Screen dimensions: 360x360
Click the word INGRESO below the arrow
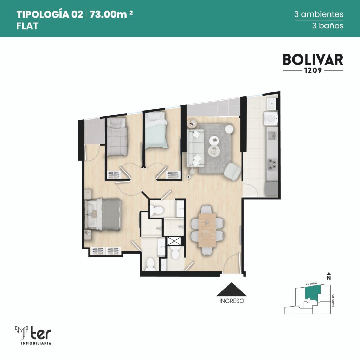(232, 301)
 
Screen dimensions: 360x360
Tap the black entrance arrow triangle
(231, 289)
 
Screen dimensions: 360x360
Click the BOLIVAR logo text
(313, 60)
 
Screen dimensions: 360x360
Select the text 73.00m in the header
(108, 14)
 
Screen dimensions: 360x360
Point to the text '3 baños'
(328, 25)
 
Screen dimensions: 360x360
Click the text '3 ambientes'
(319, 14)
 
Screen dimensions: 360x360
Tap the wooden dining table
(207, 230)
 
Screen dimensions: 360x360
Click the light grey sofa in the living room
(195, 148)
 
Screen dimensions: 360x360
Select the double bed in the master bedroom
(103, 214)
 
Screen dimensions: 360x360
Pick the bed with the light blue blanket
(156, 130)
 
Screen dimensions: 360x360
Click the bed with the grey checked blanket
(117, 137)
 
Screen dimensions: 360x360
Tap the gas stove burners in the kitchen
(272, 165)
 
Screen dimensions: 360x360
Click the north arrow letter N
(329, 278)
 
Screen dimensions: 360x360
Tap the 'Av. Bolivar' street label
(311, 284)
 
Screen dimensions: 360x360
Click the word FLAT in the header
(27, 26)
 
